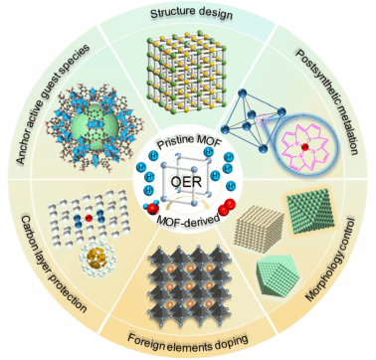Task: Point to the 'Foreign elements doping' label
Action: [188, 341]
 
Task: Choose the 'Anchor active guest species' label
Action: [53, 103]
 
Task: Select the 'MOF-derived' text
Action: [187, 219]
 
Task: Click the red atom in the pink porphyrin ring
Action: [305, 146]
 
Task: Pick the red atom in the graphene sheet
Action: [89, 218]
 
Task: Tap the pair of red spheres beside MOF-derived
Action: [225, 207]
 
